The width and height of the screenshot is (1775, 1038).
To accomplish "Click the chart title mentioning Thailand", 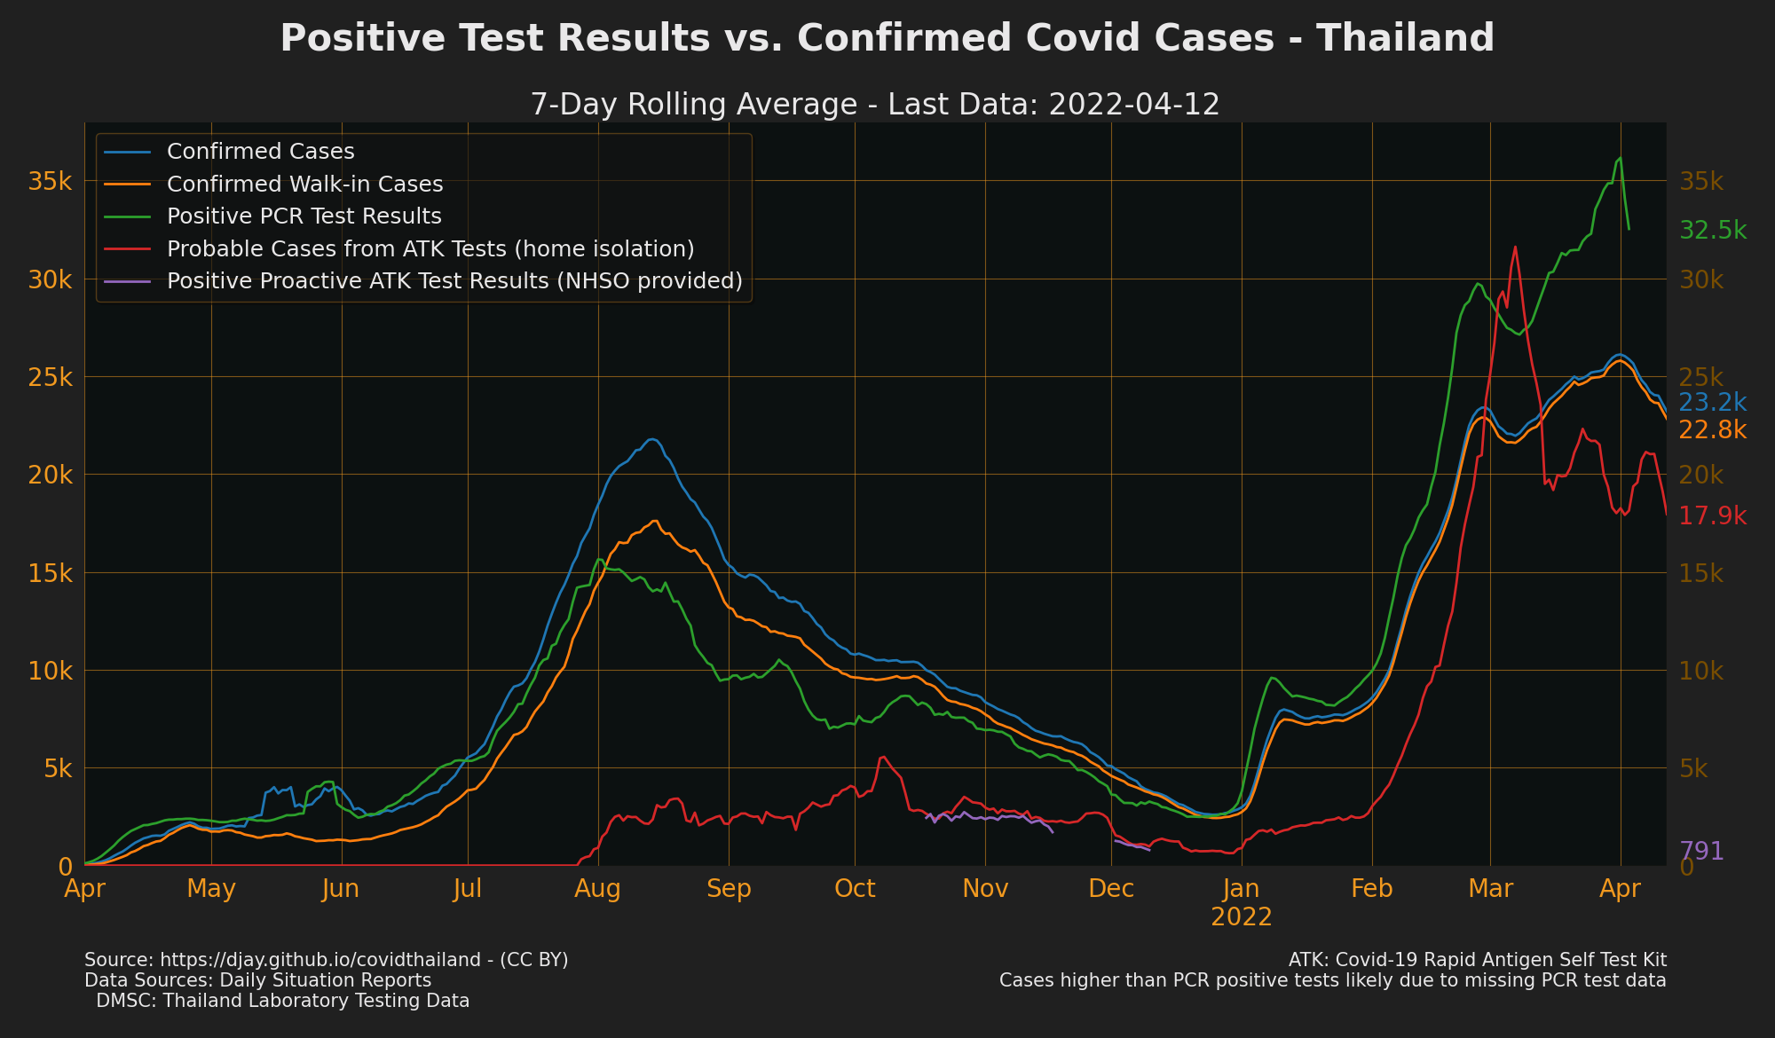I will point(887,39).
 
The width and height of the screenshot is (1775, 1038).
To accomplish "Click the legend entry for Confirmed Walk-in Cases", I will point(304,185).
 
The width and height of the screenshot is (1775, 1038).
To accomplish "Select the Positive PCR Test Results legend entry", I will point(304,216).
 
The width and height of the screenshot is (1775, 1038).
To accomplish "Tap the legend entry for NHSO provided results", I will point(454,281).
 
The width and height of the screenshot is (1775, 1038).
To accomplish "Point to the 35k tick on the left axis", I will point(51,182).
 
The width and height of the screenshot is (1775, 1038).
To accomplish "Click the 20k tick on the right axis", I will point(1701,476).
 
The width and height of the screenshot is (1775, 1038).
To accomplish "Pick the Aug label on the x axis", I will point(597,889).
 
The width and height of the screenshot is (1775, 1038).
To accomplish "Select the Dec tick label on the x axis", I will point(1112,889).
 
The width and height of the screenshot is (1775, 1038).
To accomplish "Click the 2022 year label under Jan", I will point(1242,917).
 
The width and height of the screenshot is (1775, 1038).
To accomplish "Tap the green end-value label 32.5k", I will point(1713,232).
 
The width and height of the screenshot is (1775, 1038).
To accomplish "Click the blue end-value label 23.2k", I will point(1713,403).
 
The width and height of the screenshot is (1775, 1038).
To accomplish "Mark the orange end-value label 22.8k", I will point(1713,430).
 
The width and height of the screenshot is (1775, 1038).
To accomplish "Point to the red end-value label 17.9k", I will point(1713,516).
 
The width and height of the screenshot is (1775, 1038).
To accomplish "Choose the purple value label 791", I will point(1701,852).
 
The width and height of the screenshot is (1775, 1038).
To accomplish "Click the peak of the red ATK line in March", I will point(1515,247).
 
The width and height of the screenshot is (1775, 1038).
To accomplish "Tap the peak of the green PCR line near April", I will point(1621,158).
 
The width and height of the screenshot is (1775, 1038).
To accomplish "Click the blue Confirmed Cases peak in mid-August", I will point(652,439).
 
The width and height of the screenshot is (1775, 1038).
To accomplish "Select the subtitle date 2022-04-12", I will point(1133,105).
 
